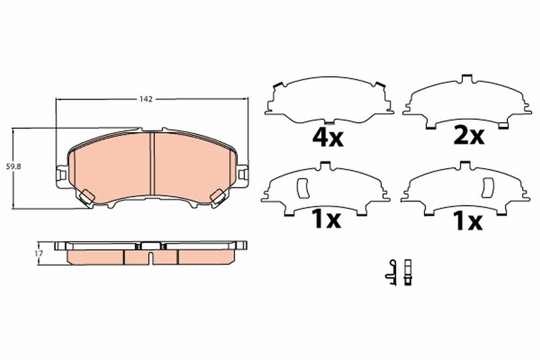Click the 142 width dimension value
point(146,99)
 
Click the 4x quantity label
point(328,138)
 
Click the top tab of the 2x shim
point(466,79)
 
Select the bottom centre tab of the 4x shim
point(329,121)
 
